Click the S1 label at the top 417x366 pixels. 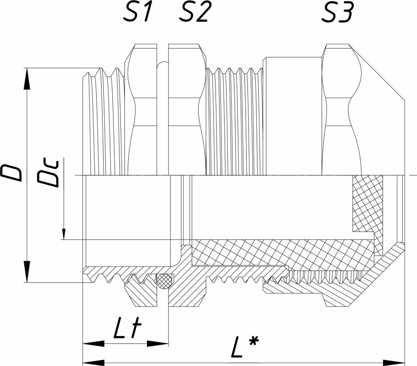click(x=137, y=12)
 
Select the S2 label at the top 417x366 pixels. click(x=194, y=12)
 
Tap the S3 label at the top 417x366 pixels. click(x=338, y=12)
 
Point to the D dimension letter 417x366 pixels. click(x=11, y=173)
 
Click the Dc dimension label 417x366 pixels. click(x=48, y=174)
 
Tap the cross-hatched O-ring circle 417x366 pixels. click(x=165, y=280)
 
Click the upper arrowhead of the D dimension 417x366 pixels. click(x=27, y=79)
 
